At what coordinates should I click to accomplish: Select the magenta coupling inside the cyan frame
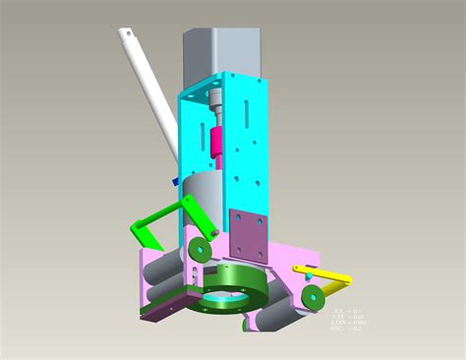point(216,137)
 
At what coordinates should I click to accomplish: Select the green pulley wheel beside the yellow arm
point(314,296)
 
